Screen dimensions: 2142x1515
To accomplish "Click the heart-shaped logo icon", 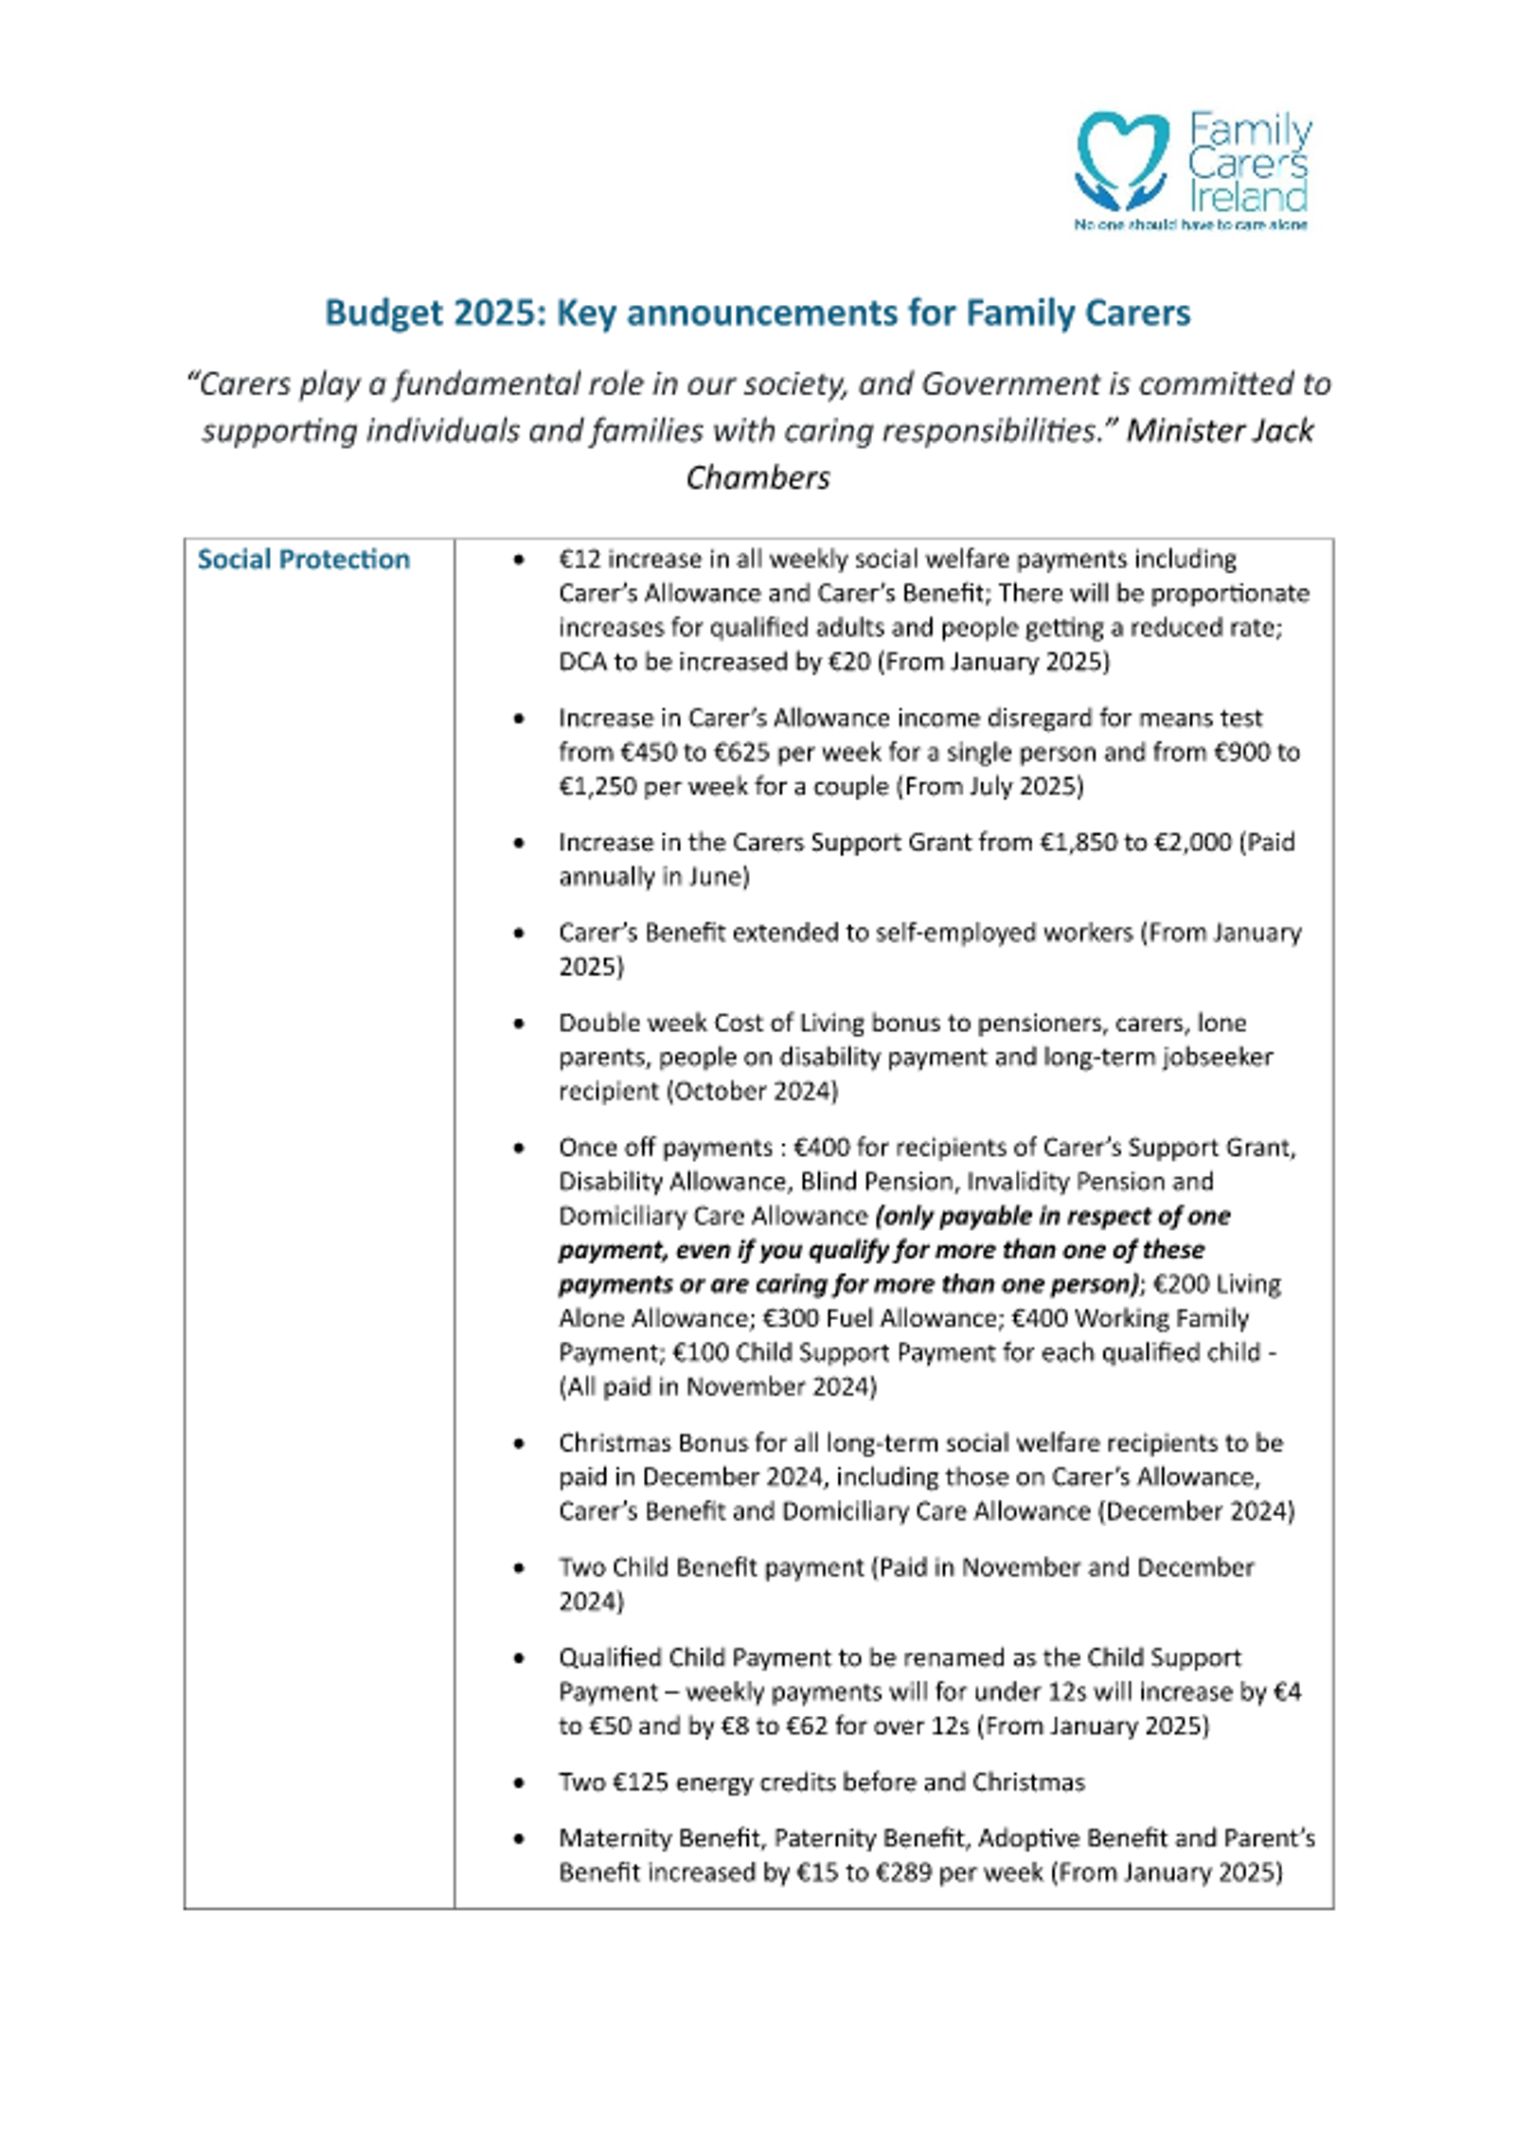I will pyautogui.click(x=1122, y=160).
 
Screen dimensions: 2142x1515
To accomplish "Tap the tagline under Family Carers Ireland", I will pyautogui.click(x=1189, y=225).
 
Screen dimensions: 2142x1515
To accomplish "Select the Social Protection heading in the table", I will pyautogui.click(x=303, y=560).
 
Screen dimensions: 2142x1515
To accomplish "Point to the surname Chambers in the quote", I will pyautogui.click(x=757, y=477).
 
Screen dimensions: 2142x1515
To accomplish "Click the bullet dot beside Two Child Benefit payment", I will pyautogui.click(x=518, y=1569).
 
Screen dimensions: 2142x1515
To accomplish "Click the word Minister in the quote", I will pyautogui.click(x=1185, y=431).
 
